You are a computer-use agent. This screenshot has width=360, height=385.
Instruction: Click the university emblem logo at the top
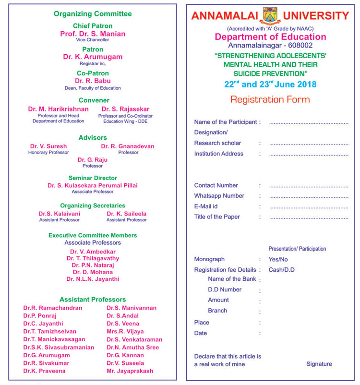point(270,15)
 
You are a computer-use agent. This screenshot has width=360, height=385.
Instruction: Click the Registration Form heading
point(270,100)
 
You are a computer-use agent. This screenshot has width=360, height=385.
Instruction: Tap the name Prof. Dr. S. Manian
point(93,34)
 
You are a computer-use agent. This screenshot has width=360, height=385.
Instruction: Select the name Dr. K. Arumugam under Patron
point(93,57)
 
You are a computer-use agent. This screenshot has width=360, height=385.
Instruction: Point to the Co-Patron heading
point(93,73)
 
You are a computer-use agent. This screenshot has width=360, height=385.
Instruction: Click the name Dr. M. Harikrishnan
point(59,109)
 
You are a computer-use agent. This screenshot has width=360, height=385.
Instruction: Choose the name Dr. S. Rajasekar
point(125,109)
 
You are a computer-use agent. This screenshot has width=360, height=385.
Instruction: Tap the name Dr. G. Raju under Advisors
point(93,159)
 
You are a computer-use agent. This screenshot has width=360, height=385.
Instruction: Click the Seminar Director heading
point(93,178)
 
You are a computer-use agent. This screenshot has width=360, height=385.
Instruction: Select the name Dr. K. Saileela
point(126,214)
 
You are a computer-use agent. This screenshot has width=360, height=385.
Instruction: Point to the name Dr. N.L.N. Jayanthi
point(93,279)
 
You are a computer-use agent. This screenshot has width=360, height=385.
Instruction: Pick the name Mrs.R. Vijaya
point(125,332)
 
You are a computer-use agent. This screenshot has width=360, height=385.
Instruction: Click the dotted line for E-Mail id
point(309,207)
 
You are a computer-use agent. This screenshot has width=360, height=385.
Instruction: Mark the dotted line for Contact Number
point(309,186)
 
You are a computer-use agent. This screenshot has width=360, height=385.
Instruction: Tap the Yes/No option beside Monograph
point(278,259)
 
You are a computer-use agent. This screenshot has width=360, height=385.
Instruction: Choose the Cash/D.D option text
point(282,270)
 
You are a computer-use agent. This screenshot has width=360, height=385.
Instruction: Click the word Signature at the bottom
point(319,364)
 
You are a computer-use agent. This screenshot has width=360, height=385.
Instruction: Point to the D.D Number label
point(225,289)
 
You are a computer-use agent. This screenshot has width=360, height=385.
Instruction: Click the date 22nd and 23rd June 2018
point(270,84)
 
